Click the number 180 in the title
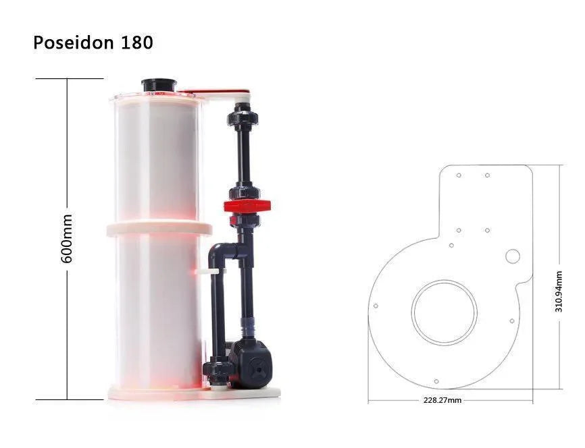point(137,43)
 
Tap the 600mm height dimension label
point(67,239)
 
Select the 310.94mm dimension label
point(559,291)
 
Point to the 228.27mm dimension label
point(442,400)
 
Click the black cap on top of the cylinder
point(159,84)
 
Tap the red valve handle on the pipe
point(247,205)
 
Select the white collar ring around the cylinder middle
point(159,229)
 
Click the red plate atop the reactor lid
point(213,91)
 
